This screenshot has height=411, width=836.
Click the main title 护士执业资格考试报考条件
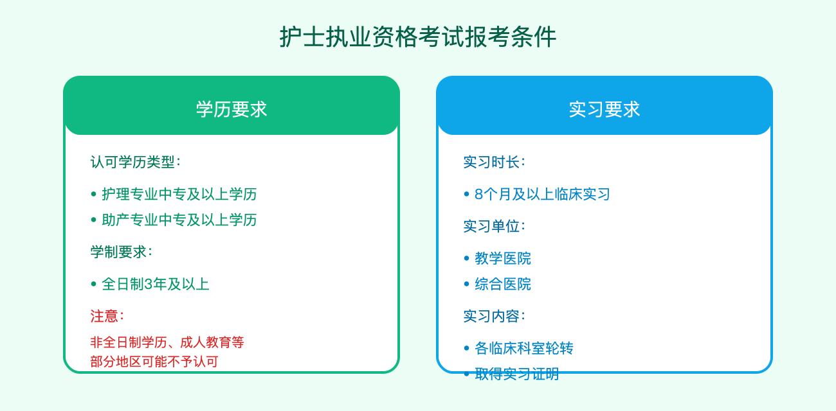click(x=418, y=37)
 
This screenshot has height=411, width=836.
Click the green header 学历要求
click(x=232, y=109)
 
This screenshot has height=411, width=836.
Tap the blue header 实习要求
click(x=604, y=109)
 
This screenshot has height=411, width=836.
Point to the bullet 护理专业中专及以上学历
click(x=179, y=194)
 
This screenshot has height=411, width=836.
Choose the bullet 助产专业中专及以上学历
click(x=179, y=220)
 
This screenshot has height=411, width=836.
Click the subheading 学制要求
click(x=121, y=252)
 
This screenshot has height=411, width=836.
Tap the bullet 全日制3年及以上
click(x=155, y=284)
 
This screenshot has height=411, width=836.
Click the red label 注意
click(x=107, y=316)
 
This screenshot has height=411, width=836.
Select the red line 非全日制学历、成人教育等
click(x=167, y=342)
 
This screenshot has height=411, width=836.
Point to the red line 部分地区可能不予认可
click(x=154, y=362)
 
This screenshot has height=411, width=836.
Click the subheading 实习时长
click(x=494, y=162)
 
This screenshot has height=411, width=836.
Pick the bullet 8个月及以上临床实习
click(x=542, y=194)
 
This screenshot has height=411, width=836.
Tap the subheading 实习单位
click(x=494, y=226)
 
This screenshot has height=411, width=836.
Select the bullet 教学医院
click(x=503, y=258)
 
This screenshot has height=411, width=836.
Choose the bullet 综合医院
click(x=503, y=284)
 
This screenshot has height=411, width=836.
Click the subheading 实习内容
click(x=494, y=316)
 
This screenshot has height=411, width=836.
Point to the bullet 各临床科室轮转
click(x=523, y=348)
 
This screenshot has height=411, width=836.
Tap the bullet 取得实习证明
click(x=516, y=374)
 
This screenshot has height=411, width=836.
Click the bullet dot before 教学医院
click(x=467, y=258)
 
